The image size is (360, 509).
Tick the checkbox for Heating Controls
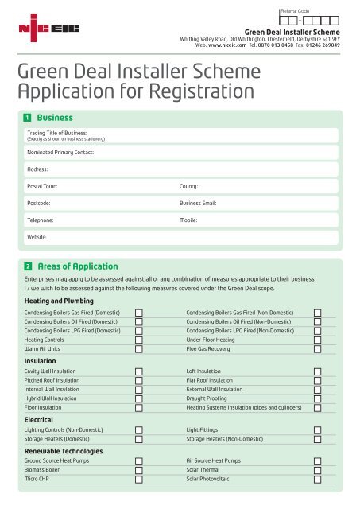point(139,338)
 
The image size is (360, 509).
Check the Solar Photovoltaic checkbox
point(318,480)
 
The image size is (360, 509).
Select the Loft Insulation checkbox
point(318,371)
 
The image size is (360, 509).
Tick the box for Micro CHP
point(139,480)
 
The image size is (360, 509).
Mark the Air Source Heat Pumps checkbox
point(318,460)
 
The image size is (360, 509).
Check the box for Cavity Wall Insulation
point(139,371)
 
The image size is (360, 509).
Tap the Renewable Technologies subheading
point(64,450)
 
